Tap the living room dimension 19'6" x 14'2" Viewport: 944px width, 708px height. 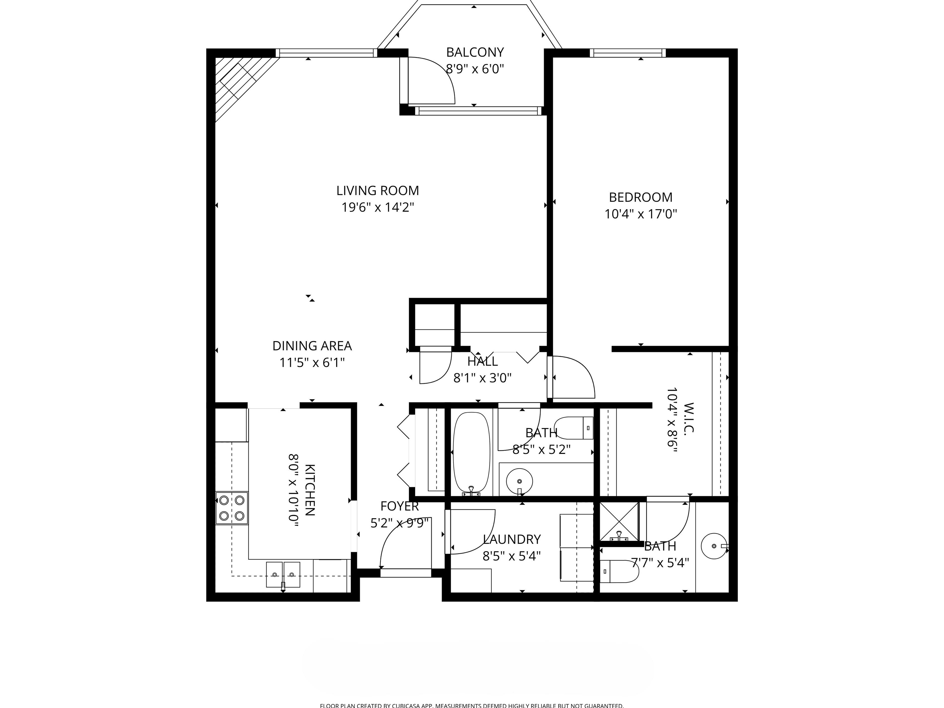click(378, 207)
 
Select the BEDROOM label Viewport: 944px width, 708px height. click(641, 197)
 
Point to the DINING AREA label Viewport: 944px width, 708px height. click(312, 346)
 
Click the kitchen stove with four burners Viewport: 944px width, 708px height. click(232, 508)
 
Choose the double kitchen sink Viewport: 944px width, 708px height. click(283, 574)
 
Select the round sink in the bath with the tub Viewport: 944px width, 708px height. click(519, 481)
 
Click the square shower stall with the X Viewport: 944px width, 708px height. click(619, 521)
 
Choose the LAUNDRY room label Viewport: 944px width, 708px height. click(512, 539)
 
